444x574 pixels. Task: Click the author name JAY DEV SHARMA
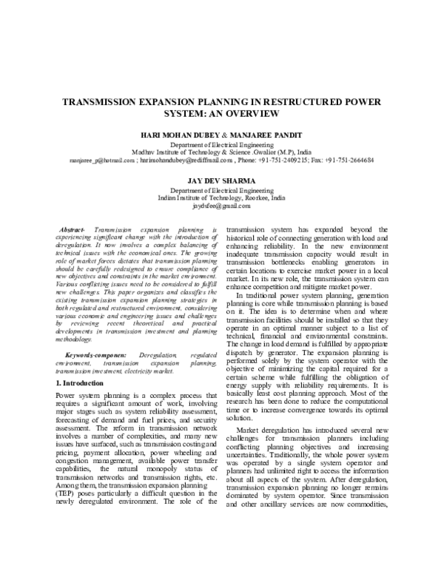click(222, 180)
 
